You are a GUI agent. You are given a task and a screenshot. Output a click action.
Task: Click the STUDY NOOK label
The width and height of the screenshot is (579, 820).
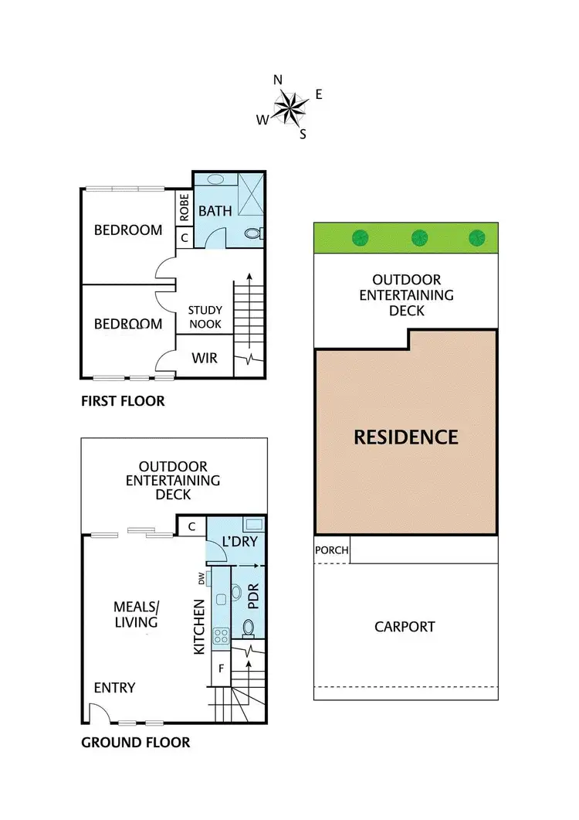click(205, 317)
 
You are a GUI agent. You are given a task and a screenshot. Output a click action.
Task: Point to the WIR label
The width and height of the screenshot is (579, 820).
click(204, 358)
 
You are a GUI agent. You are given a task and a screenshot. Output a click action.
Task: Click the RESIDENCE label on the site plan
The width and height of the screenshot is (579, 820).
click(405, 437)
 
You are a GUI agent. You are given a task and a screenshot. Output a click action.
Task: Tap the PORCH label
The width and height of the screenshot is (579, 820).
click(332, 551)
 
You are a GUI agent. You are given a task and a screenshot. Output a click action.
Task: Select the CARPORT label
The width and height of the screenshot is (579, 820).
click(405, 626)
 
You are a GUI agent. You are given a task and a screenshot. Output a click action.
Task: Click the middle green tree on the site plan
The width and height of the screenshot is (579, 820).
click(419, 237)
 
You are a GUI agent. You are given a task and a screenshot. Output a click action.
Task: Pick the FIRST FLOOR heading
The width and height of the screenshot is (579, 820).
click(123, 401)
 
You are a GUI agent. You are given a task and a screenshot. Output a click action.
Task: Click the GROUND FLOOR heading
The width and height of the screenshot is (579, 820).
click(135, 743)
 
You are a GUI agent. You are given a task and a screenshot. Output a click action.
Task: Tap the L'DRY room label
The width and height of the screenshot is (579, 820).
click(239, 542)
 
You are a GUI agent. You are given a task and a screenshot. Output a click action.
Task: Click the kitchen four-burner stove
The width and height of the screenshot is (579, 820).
click(221, 636)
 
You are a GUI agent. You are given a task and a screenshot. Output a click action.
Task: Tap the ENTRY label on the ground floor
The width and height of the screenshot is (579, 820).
click(114, 688)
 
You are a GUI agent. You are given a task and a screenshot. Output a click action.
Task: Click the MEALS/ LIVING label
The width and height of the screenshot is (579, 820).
click(135, 615)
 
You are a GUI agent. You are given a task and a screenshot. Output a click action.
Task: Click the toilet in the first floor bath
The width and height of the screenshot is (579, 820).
click(252, 233)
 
